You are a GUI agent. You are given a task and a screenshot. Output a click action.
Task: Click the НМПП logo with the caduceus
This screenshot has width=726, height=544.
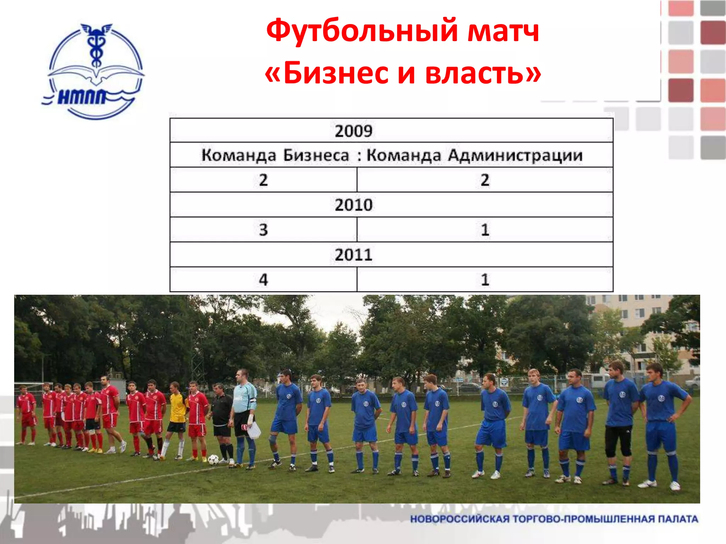[94, 71]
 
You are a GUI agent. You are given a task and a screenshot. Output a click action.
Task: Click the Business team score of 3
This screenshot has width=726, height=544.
[263, 230]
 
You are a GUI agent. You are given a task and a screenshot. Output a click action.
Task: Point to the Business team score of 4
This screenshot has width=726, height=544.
[263, 280]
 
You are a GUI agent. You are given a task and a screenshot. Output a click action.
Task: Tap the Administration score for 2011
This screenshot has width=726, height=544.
[485, 280]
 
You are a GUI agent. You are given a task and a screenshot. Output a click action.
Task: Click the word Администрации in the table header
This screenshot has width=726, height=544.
[515, 155]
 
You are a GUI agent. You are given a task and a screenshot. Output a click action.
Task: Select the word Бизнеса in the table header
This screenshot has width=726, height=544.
[316, 155]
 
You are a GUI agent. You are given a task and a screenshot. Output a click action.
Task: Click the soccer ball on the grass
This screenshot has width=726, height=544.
[213, 459]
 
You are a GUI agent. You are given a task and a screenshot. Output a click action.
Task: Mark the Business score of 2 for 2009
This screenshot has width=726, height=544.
[263, 180]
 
